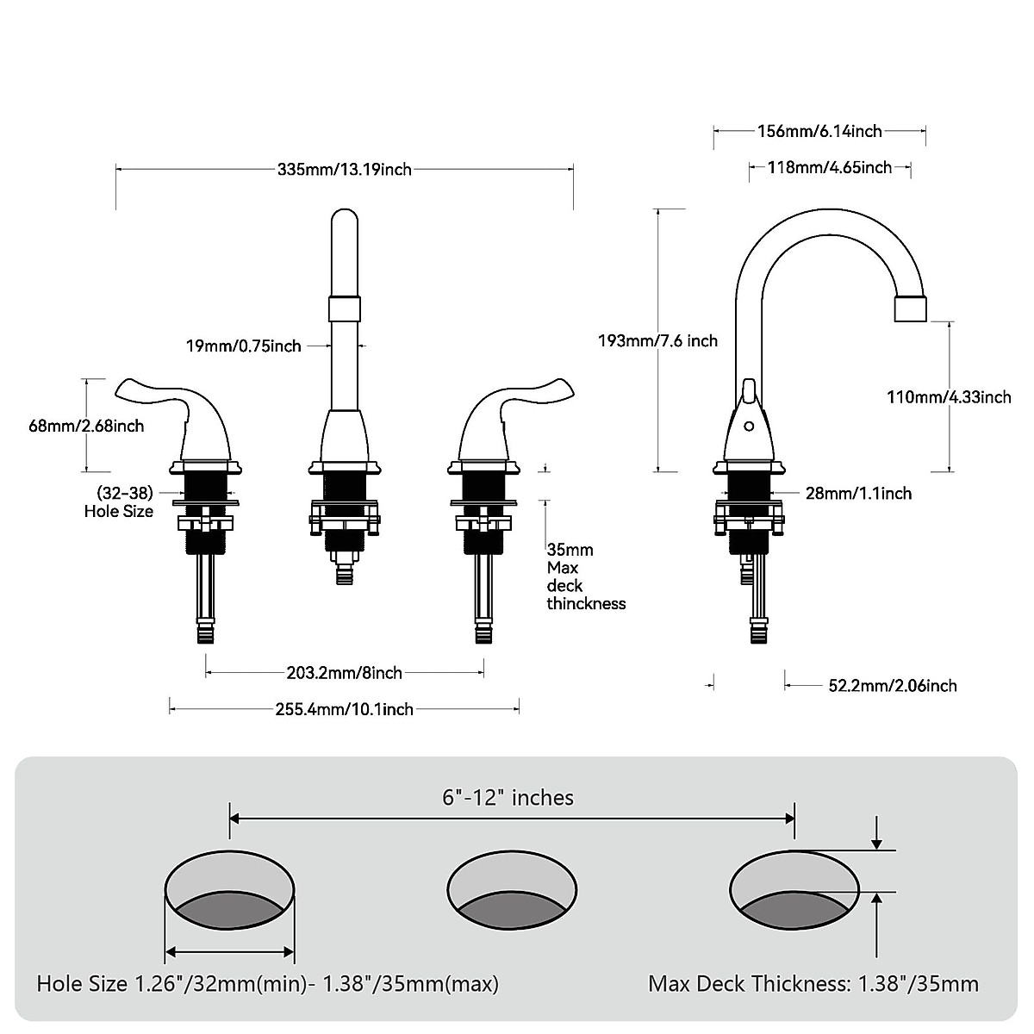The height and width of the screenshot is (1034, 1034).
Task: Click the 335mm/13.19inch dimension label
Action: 345,170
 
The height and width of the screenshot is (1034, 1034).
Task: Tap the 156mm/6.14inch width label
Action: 819,131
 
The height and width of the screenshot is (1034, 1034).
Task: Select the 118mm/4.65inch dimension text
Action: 830,167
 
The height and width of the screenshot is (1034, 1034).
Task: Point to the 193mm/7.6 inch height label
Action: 657,340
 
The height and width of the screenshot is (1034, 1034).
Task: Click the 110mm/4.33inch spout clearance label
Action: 949,396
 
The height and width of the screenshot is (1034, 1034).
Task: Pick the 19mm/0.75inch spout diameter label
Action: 244,346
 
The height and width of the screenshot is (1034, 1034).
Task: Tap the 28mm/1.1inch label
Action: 858,493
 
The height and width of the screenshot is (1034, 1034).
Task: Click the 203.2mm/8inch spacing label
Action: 344,672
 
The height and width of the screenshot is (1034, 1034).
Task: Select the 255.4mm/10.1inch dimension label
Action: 344,709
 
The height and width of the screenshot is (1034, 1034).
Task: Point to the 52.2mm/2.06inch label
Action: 893,686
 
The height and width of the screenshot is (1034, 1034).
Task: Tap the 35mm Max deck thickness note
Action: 585,576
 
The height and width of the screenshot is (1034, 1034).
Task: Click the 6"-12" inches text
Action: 508,798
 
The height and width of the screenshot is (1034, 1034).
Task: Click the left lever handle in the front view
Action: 172,405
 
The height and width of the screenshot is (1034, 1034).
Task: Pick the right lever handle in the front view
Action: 517,405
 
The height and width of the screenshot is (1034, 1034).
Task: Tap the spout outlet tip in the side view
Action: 913,308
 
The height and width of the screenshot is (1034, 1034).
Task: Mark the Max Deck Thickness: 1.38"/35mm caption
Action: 813,983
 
